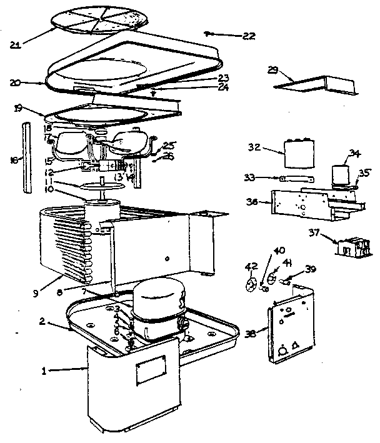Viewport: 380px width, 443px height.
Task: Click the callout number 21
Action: click(17, 44)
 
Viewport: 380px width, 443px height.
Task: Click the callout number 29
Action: click(273, 70)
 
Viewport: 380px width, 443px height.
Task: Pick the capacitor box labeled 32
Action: click(298, 153)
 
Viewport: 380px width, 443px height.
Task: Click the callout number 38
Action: click(250, 333)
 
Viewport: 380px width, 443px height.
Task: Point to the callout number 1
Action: click(44, 371)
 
